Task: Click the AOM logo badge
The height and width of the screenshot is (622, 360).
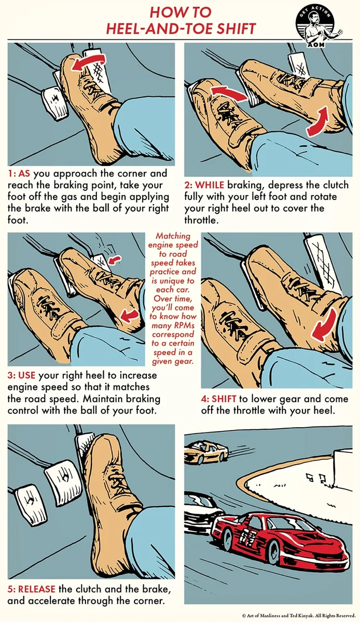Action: (x=320, y=27)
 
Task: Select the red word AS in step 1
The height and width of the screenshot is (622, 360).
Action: (x=24, y=174)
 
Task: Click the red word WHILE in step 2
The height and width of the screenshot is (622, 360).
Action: (x=210, y=185)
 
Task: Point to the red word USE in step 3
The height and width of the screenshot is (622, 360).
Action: (x=26, y=375)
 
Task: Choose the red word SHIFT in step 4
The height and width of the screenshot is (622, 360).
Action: (x=224, y=399)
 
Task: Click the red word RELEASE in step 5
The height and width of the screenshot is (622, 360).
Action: (x=37, y=589)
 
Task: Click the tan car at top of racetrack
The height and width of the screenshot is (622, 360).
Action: (x=206, y=452)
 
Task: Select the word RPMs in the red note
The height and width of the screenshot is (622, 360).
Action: (x=184, y=325)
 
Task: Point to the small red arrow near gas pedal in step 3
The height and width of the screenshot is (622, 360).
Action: (x=115, y=259)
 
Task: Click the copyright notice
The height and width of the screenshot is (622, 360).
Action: (x=299, y=616)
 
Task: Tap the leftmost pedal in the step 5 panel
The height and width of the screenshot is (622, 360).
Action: (x=29, y=501)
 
